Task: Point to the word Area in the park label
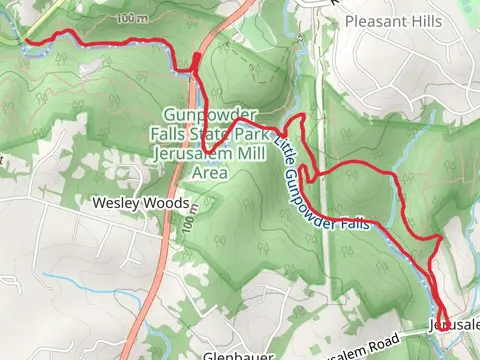[211, 172]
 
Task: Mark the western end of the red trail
[27, 42]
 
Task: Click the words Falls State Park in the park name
[220, 135]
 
